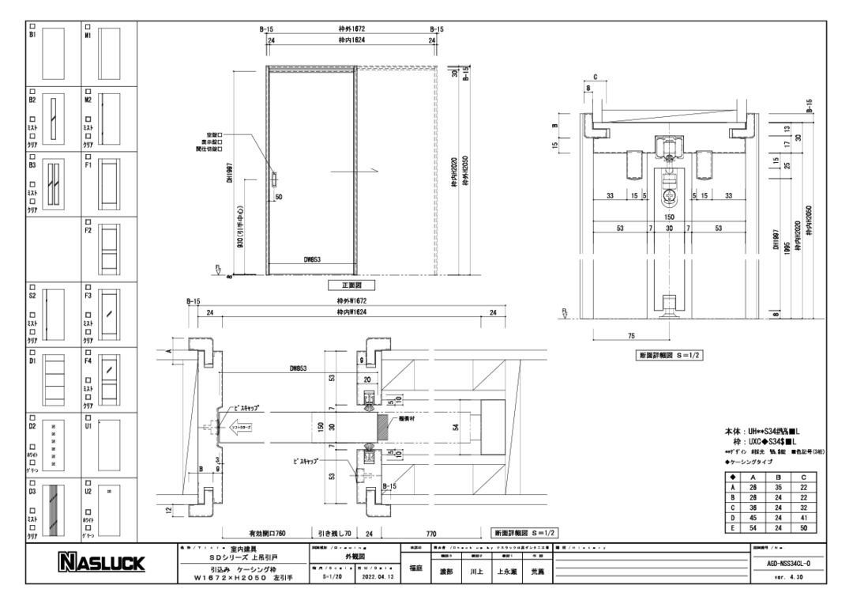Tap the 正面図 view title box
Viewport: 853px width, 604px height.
point(346,285)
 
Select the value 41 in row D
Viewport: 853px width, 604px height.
point(803,518)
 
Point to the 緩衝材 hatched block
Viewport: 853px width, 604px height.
point(384,427)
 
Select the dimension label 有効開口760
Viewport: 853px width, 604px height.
point(257,534)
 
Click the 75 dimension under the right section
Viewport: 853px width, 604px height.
point(632,336)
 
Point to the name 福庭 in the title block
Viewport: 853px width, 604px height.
point(415,569)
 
